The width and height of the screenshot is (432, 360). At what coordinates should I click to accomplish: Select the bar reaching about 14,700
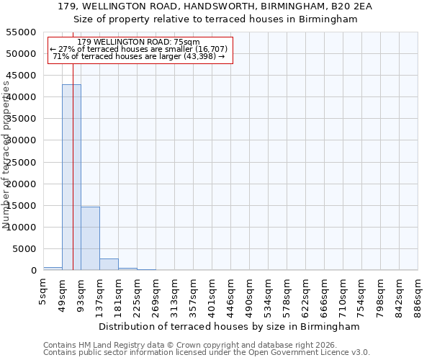pos(90,238)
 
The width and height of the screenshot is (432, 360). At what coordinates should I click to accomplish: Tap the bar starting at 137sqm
pos(109,264)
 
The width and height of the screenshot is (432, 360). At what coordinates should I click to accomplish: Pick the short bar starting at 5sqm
pos(53,269)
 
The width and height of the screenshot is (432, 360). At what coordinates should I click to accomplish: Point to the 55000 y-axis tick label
pos(21,32)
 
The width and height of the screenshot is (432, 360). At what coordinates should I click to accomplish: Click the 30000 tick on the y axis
pos(21,140)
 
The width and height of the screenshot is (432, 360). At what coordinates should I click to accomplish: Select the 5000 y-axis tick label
pos(24,249)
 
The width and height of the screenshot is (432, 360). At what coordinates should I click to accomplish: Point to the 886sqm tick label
pos(418,296)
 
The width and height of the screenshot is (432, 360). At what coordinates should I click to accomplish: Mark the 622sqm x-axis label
pos(306,296)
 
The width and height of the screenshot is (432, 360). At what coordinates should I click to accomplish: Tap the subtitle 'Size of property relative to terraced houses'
pos(216,19)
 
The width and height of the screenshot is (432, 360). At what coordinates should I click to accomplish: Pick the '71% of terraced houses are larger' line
pos(139,56)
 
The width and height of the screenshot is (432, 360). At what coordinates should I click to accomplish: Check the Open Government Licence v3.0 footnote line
pos(207,352)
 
